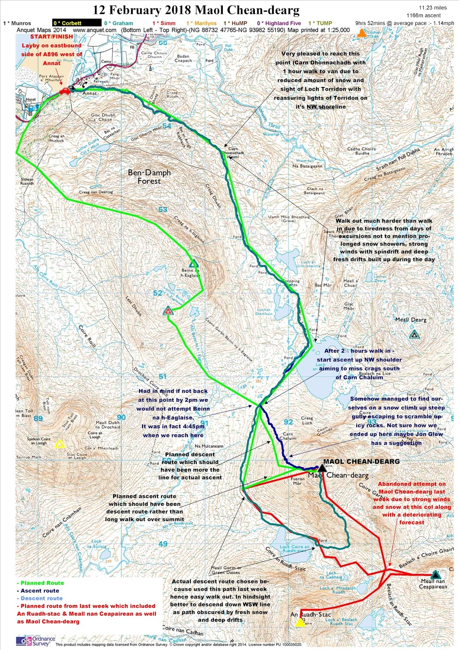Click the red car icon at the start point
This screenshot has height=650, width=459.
(65, 91)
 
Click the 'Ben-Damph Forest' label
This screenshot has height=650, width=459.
(149, 177)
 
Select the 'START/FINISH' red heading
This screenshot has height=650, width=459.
(52, 37)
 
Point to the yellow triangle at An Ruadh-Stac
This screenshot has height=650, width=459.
(300, 623)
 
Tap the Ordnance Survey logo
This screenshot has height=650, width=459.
(35, 641)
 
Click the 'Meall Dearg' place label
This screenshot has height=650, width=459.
(411, 320)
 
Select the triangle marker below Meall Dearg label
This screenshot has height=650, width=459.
(414, 335)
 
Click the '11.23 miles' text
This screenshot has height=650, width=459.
(433, 8)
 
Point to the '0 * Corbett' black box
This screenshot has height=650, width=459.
(77, 23)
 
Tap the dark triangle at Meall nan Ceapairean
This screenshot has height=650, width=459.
(435, 574)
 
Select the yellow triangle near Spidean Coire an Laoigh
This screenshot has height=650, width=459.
(60, 444)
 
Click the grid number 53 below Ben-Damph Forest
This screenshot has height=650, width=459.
(163, 210)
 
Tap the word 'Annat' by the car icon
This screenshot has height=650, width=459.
(89, 93)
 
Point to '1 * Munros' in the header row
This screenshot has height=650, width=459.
(17, 23)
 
